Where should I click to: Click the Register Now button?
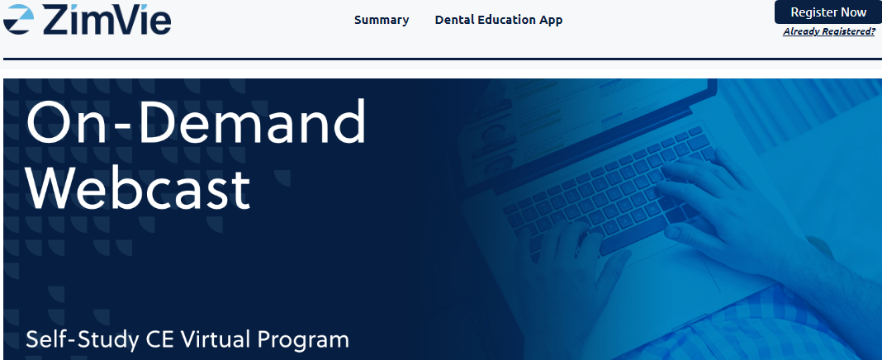coord(828,12)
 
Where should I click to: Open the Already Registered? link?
coord(829,31)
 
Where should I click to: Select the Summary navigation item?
coord(382,20)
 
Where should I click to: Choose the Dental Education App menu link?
coord(498,20)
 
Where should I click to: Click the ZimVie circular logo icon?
coord(18,19)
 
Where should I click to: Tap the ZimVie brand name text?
coord(107,20)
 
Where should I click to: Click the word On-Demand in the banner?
coord(197,121)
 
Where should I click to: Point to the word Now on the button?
coord(852,12)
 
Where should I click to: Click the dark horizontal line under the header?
coord(443,59)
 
